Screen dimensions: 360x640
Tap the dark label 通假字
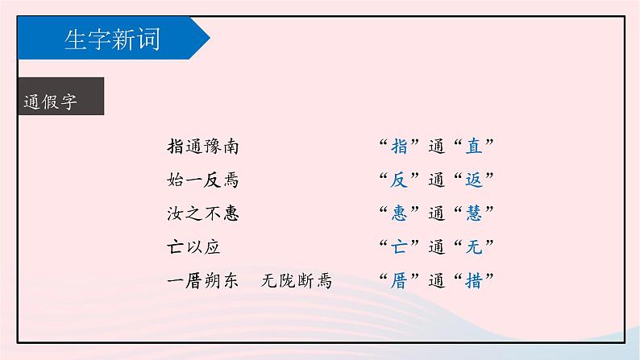click(50, 102)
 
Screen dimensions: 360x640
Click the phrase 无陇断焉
click(297, 281)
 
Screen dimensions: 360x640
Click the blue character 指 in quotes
click(398, 147)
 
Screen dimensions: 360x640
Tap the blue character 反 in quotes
click(398, 180)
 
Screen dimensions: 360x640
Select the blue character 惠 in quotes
click(398, 213)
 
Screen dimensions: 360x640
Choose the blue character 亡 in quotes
click(398, 247)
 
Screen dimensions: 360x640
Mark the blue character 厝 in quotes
click(398, 281)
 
